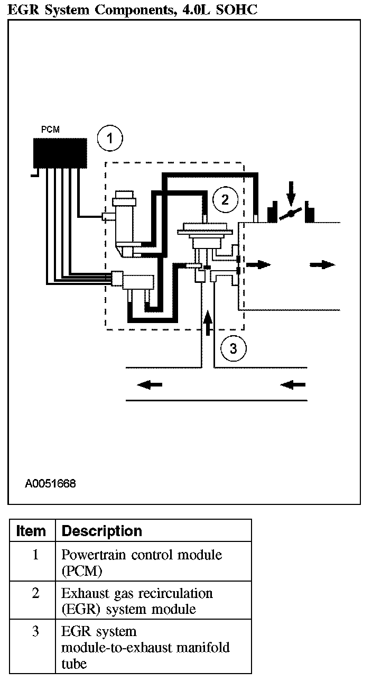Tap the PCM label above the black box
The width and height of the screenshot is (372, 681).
(51, 129)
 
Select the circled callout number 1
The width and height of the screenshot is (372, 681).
(110, 139)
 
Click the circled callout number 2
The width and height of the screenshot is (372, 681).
(225, 199)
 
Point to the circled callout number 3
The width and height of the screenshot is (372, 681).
(233, 347)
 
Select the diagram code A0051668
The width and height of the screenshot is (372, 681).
(50, 483)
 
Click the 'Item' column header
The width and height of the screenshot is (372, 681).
(31, 531)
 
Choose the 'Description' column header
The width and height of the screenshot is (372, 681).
(102, 531)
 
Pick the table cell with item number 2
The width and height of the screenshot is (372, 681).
(35, 593)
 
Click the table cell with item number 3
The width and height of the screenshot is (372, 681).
(35, 631)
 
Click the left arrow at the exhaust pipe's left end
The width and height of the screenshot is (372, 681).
(150, 385)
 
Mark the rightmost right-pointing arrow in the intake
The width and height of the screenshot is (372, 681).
(322, 264)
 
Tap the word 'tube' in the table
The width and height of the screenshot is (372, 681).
(74, 664)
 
